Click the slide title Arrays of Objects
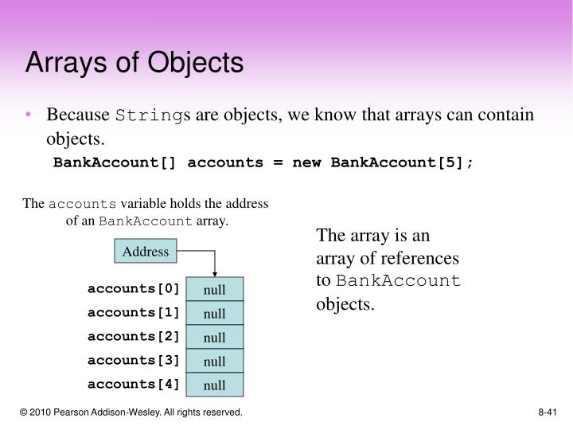pyautogui.click(x=134, y=63)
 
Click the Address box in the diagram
pyautogui.click(x=146, y=252)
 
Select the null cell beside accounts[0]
pyautogui.click(x=214, y=290)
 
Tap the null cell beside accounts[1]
pyautogui.click(x=214, y=314)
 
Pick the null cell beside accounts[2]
pyautogui.click(x=214, y=338)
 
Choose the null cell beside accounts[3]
pyautogui.click(x=214, y=362)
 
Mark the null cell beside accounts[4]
pyautogui.click(x=214, y=385)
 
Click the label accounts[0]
pyautogui.click(x=134, y=288)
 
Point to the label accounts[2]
pyautogui.click(x=134, y=336)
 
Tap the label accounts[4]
pyautogui.click(x=134, y=384)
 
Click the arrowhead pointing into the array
pyautogui.click(x=214, y=273)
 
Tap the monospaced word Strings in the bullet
pyautogui.click(x=150, y=115)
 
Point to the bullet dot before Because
pyautogui.click(x=29, y=115)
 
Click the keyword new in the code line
pyautogui.click(x=307, y=162)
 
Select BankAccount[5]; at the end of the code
pyautogui.click(x=402, y=162)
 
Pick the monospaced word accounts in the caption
pyautogui.click(x=83, y=204)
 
